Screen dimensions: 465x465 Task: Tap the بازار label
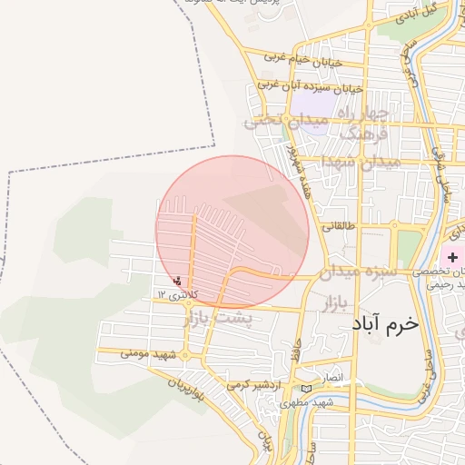(335, 302)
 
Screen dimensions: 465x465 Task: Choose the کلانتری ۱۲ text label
(175, 295)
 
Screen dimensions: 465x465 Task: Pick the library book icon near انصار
(306, 389)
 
